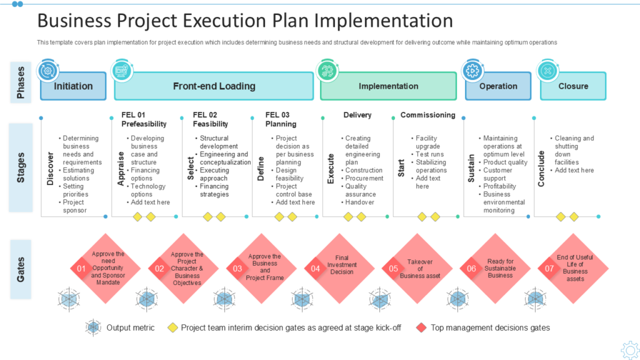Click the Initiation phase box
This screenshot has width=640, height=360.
(73, 86)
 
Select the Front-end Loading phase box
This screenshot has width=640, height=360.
(214, 86)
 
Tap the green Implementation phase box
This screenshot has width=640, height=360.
(388, 86)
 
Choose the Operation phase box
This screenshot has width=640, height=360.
(498, 86)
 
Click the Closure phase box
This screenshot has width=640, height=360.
(573, 86)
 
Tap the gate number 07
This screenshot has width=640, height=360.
(550, 269)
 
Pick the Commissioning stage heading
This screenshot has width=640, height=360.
(427, 115)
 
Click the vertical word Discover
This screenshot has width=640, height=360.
(51, 168)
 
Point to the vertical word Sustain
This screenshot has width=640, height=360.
(472, 168)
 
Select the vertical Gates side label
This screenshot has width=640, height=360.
(21, 268)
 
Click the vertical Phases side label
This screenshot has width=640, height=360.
(21, 84)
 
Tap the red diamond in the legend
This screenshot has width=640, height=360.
(422, 327)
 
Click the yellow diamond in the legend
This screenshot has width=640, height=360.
(172, 327)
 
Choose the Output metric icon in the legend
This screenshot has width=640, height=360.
(94, 327)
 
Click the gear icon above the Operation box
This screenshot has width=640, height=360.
(472, 70)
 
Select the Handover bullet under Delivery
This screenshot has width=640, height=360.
(359, 202)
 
